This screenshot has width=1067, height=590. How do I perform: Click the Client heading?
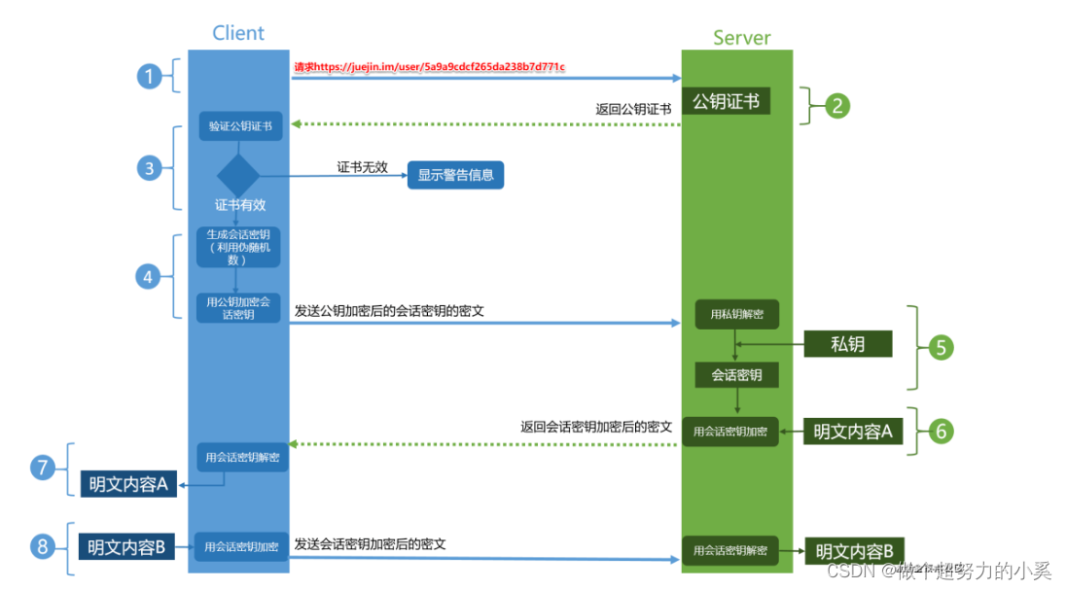click(x=238, y=33)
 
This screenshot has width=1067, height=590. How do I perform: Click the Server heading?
click(x=742, y=38)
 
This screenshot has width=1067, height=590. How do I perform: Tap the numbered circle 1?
click(x=149, y=76)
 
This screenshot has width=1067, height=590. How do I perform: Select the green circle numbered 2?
click(x=836, y=105)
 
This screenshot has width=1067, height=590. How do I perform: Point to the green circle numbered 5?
click(x=940, y=347)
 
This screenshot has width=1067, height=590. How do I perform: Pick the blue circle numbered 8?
click(x=42, y=546)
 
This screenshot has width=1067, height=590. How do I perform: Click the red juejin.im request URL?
click(x=429, y=67)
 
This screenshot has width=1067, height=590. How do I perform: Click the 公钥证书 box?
click(x=726, y=101)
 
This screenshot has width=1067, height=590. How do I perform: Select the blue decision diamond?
click(x=237, y=175)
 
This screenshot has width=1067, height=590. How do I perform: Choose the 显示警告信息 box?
click(x=455, y=175)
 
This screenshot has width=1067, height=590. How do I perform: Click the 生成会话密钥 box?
click(x=238, y=247)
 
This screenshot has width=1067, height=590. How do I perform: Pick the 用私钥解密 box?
click(x=736, y=314)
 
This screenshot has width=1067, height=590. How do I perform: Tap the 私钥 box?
click(x=847, y=343)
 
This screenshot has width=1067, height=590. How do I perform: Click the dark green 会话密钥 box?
click(x=736, y=375)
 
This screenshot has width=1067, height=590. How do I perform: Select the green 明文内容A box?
click(x=852, y=432)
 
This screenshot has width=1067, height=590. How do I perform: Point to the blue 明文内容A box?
click(x=129, y=484)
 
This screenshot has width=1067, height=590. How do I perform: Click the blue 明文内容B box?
click(x=126, y=546)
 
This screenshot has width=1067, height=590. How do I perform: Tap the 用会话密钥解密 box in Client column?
click(x=241, y=457)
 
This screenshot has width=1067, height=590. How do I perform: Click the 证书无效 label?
click(x=363, y=167)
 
